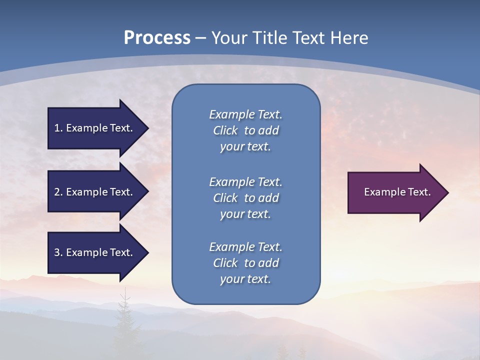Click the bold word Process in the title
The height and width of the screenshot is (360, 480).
click(157, 38)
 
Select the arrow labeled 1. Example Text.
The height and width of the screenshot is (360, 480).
click(95, 128)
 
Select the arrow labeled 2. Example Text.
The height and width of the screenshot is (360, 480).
click(95, 192)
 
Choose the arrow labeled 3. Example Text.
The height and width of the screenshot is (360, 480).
click(95, 252)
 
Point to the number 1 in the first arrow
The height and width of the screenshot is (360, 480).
click(57, 128)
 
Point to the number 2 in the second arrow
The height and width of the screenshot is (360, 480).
click(57, 192)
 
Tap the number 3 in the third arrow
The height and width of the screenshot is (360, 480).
click(57, 252)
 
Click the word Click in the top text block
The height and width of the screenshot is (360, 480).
click(225, 130)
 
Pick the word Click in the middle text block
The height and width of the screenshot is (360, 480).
click(225, 198)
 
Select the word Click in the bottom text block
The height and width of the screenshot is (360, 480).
click(225, 263)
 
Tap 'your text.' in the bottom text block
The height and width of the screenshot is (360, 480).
click(245, 279)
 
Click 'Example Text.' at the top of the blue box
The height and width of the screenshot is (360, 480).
click(245, 114)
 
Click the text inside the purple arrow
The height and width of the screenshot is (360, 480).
click(397, 192)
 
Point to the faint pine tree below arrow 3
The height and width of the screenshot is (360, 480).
click(123, 315)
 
